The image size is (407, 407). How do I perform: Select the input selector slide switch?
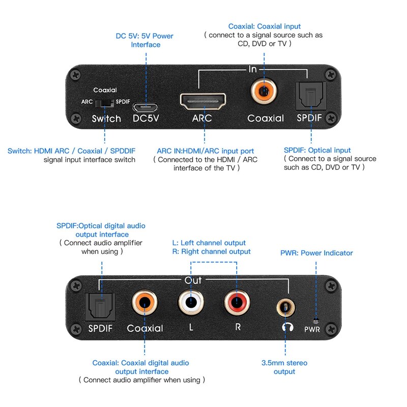click(x=105, y=102)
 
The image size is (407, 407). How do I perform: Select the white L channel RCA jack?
click(x=191, y=304)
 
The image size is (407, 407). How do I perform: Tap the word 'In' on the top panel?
click(x=253, y=69)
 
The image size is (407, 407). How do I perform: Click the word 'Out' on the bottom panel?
click(x=193, y=280)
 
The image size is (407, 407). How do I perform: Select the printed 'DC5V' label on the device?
click(x=146, y=119)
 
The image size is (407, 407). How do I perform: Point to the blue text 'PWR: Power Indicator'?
click(x=316, y=253)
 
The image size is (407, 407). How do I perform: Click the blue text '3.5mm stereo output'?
click(x=284, y=367)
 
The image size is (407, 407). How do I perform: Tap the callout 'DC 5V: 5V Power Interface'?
click(x=146, y=40)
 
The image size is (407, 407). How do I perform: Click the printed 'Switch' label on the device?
click(x=106, y=119)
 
